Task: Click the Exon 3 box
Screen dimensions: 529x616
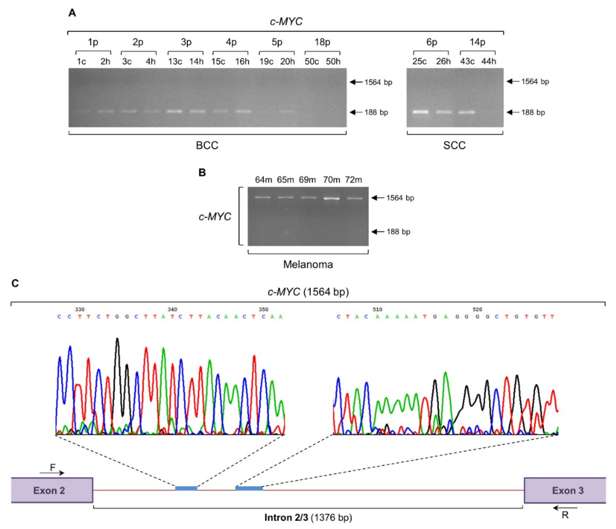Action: point(564,490)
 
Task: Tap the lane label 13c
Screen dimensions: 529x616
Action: point(175,61)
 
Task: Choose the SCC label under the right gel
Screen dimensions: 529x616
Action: point(454,145)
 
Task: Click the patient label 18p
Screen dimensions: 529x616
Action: point(322,42)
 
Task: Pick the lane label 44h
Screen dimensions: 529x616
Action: point(489,61)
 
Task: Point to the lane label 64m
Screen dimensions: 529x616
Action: point(263,180)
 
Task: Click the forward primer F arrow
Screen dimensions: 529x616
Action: point(52,473)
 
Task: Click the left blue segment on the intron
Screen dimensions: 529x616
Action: point(186,488)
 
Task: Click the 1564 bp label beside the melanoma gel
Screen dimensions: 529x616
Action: point(400,198)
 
